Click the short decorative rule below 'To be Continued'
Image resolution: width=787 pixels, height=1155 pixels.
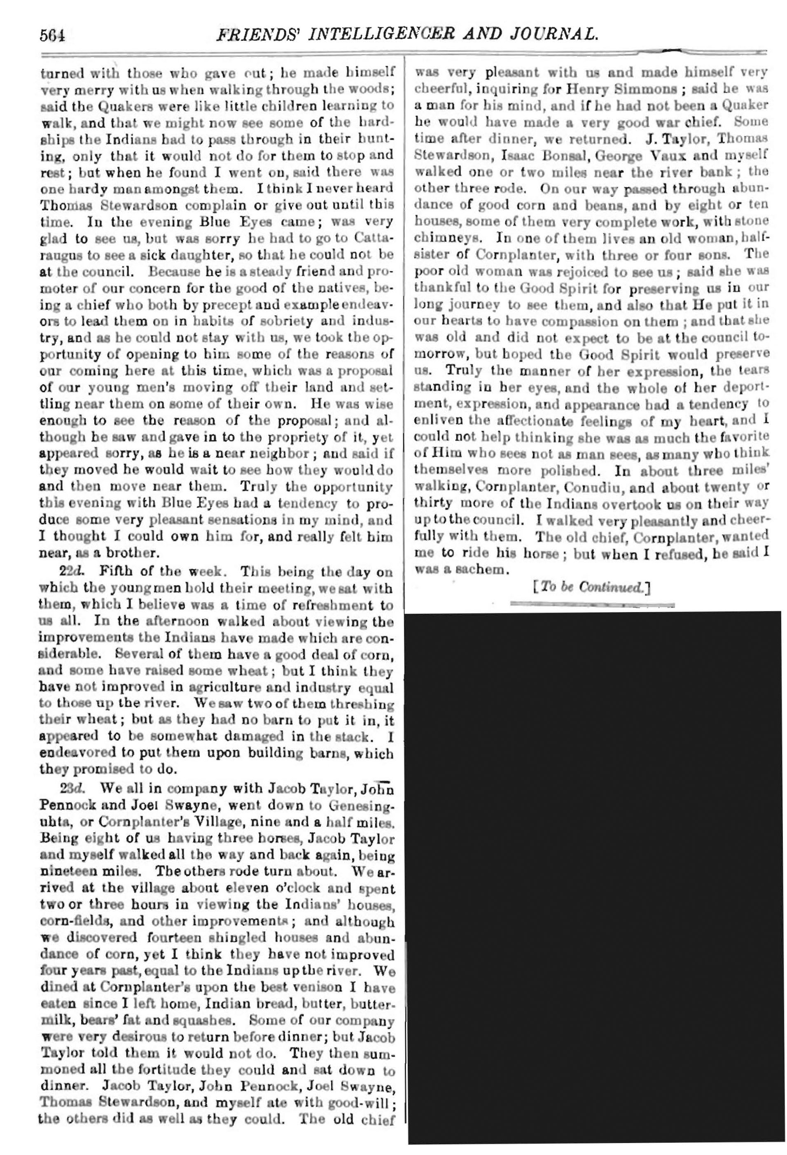[x=592, y=605]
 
